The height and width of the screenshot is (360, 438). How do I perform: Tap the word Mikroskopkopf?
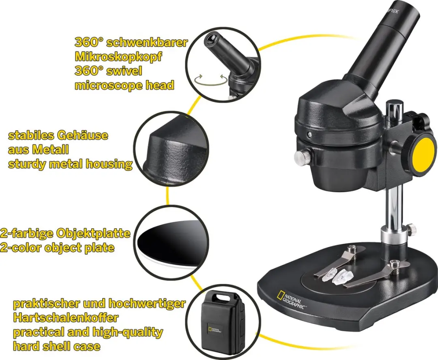point(118,56)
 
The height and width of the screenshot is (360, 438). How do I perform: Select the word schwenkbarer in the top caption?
point(147,42)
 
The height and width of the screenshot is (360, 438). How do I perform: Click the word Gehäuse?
point(83,135)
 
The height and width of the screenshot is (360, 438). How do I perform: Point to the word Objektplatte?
point(93,233)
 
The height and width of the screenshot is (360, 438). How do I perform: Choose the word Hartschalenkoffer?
point(66,317)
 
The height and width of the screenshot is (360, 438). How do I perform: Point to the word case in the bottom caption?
point(88,346)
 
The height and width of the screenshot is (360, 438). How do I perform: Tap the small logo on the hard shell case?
point(215,330)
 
